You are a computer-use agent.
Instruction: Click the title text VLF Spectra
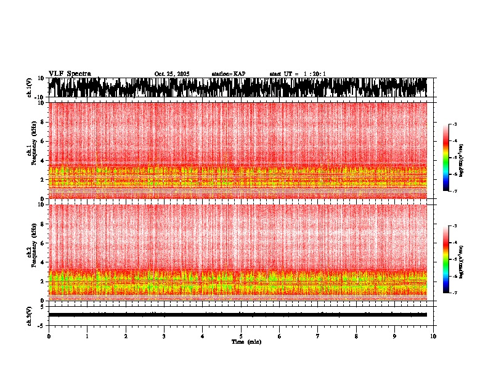pos(70,74)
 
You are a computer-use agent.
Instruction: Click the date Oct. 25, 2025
pos(172,74)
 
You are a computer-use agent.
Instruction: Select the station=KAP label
pos(229,74)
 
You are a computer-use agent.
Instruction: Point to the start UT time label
pos(297,74)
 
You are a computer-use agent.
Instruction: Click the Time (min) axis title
pos(246,342)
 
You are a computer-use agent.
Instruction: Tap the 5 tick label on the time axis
pos(241,336)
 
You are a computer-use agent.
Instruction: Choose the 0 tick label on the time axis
pos(49,336)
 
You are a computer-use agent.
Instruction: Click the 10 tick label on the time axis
pos(433,336)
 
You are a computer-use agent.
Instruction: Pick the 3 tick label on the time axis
pos(164,336)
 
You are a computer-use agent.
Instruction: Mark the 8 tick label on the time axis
pos(356,336)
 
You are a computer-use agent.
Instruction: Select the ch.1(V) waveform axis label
pos(30,87)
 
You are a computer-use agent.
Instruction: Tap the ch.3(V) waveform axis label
pos(30,314)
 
